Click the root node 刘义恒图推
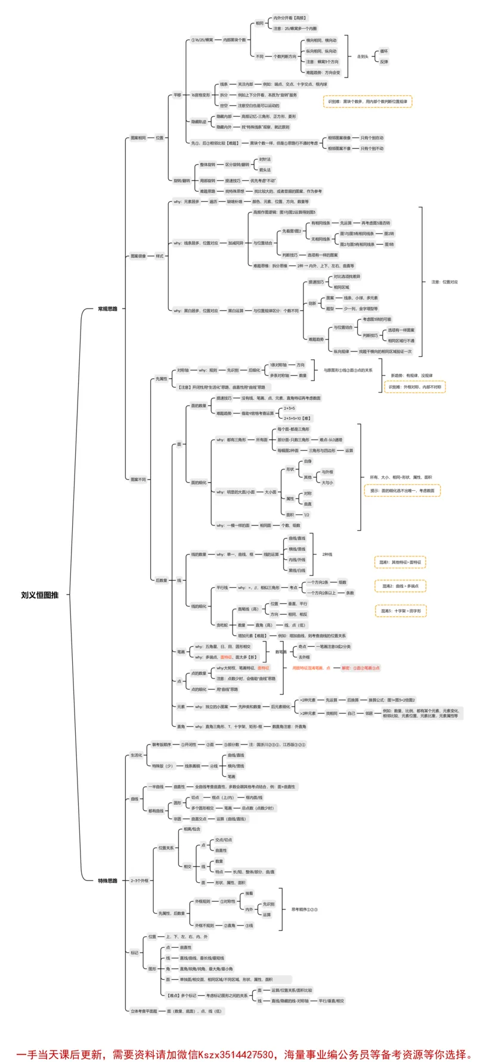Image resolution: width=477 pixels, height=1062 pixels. (39, 594)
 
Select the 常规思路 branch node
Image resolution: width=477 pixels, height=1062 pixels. (108, 309)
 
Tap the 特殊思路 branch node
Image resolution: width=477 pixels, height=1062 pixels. (108, 880)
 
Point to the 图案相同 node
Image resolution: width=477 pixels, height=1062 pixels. (138, 138)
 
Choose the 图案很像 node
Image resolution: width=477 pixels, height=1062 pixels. (138, 256)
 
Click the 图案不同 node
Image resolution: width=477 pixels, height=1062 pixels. (138, 479)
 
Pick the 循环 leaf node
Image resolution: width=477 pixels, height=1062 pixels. (384, 51)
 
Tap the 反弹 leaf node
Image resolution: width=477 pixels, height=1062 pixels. (384, 61)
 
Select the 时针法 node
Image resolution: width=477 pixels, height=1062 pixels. (265, 159)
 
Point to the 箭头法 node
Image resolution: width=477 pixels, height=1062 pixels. (265, 170)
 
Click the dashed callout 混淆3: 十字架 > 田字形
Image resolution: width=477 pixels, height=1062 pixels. (401, 611)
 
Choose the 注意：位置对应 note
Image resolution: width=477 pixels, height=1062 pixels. (444, 282)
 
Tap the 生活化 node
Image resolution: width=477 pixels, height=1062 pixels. (136, 755)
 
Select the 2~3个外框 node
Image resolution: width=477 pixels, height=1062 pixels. (139, 880)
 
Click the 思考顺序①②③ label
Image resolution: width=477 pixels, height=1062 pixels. (304, 910)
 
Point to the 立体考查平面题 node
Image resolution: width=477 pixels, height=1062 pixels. (144, 1011)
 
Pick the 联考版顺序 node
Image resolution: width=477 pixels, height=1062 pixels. (161, 745)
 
